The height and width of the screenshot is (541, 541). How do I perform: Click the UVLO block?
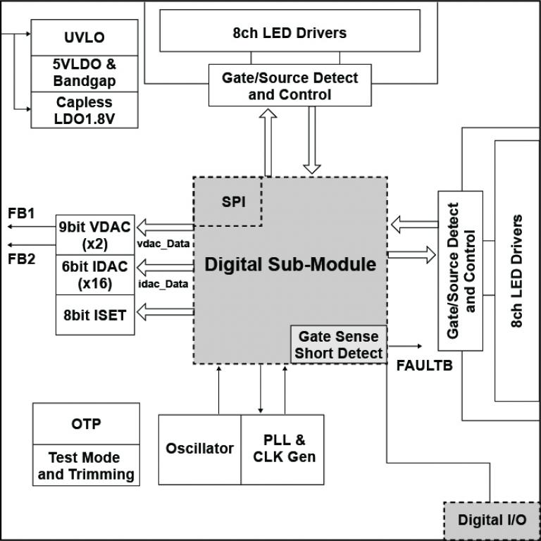pos(84,37)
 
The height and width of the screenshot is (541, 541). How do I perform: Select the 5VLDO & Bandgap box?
pos(84,73)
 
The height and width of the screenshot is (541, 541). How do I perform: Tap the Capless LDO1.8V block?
pos(84,110)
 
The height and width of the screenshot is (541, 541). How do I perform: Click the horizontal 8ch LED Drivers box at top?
pos(290,32)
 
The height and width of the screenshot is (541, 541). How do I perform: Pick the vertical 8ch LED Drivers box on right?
pos(518,270)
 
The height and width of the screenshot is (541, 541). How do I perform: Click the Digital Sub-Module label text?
pos(290,265)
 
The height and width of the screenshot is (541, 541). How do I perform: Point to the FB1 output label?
pos(21,213)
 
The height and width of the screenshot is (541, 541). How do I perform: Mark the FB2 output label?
pos(21,258)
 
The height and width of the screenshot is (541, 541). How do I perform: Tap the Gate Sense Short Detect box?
pos(339,344)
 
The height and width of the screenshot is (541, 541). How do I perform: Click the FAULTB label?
pos(424,366)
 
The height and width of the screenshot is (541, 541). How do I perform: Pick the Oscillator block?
pos(199,449)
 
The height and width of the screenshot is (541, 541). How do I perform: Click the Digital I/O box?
pos(492,521)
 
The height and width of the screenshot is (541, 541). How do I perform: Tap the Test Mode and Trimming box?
pos(86,466)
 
